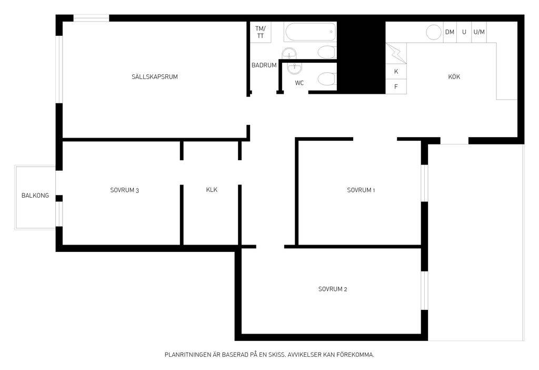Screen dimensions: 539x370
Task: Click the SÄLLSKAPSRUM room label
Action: [155, 76]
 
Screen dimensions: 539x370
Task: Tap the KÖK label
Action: [454, 76]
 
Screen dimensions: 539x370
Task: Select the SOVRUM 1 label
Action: [361, 190]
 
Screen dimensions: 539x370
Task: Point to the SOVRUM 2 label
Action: [333, 289]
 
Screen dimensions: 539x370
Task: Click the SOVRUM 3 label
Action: [124, 190]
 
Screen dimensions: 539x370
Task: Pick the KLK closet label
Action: [212, 190]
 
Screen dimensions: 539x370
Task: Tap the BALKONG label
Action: [35, 196]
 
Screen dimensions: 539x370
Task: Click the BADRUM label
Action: [264, 65]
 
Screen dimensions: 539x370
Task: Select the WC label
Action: [300, 83]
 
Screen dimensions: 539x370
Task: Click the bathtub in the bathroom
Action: [311, 32]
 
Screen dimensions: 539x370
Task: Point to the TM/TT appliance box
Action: [261, 32]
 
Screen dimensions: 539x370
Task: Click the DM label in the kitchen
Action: [450, 32]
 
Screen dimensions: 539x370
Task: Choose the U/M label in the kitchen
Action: [479, 32]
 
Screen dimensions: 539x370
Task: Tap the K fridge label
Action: [396, 72]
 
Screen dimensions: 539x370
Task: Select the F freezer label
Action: [396, 87]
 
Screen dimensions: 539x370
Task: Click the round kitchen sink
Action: [434, 32]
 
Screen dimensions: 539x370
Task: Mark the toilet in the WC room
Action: [326, 79]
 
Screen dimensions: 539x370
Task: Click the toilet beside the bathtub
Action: [326, 52]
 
